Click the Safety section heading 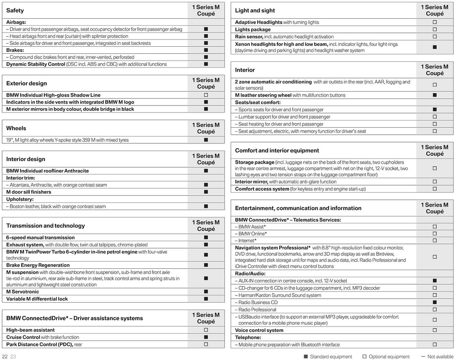coord(15,10)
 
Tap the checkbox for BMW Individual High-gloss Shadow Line coord(206,95)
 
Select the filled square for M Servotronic coord(206,292)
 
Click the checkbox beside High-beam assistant coord(206,330)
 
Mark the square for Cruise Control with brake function coord(206,337)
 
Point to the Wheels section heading coord(16,128)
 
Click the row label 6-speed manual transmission coord(41,238)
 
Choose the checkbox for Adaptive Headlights coord(435,22)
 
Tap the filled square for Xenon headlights coord(435,47)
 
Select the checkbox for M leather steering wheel coord(435,95)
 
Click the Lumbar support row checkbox coord(435,117)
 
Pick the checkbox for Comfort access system coord(435,189)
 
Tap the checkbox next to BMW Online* coord(435,234)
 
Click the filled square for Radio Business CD coord(435,303)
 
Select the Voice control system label coord(259,330)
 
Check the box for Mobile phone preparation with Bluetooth coord(435,345)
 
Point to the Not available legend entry coord(440,356)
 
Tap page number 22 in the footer coord(5,356)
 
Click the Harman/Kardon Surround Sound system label coord(280,295)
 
